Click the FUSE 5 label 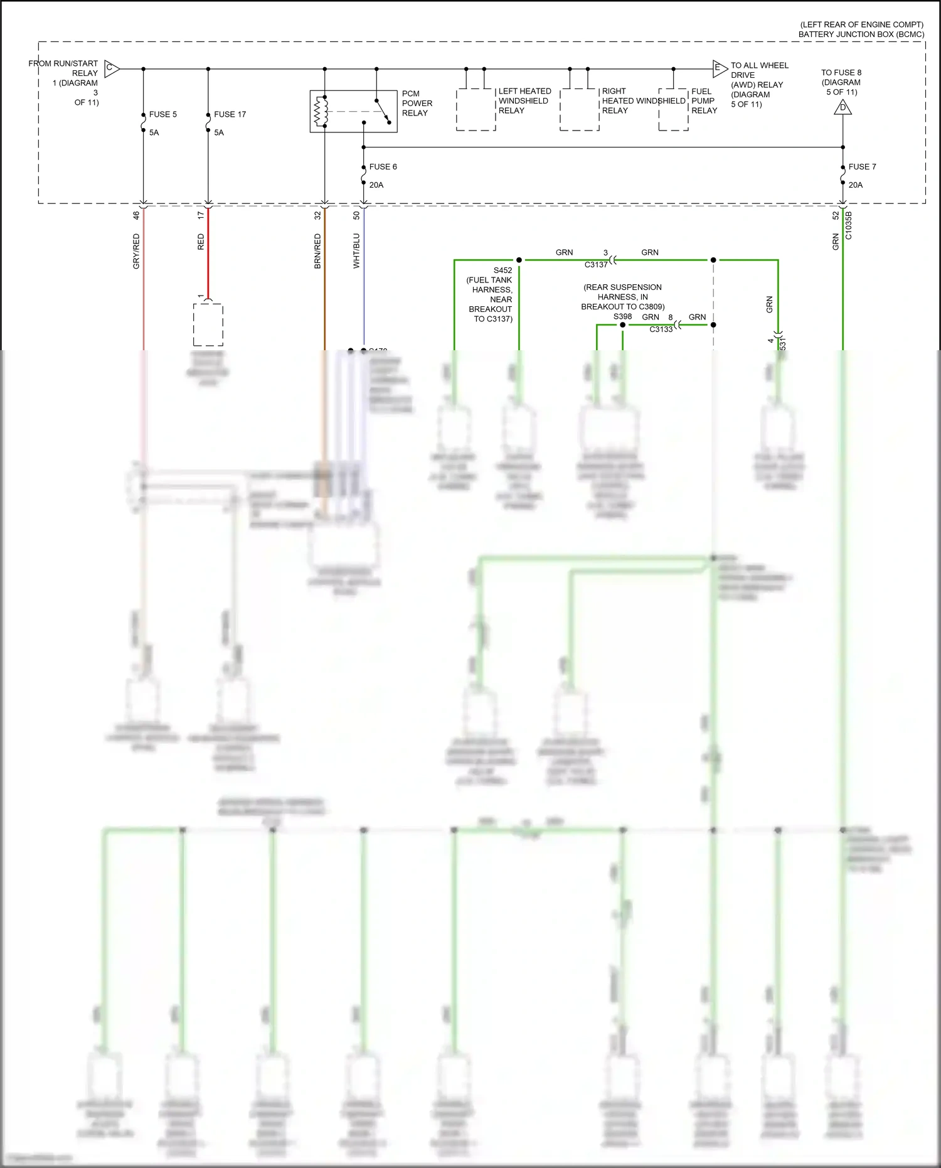point(162,114)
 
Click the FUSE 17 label point(230,114)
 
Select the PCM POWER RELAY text point(417,103)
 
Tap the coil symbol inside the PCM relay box point(321,111)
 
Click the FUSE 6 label point(383,166)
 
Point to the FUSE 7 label point(862,166)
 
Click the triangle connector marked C point(111,68)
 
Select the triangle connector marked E point(719,68)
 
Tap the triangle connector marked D point(843,108)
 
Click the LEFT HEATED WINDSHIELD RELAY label point(524,100)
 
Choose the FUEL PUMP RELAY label point(704,100)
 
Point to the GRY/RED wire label point(136,251)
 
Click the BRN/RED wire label point(317,251)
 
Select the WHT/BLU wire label point(356,251)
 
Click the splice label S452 point(502,271)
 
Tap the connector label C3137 point(596,265)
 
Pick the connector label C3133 point(661,330)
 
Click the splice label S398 point(622,316)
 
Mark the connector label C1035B point(849,225)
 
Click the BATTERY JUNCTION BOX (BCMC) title point(861,34)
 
